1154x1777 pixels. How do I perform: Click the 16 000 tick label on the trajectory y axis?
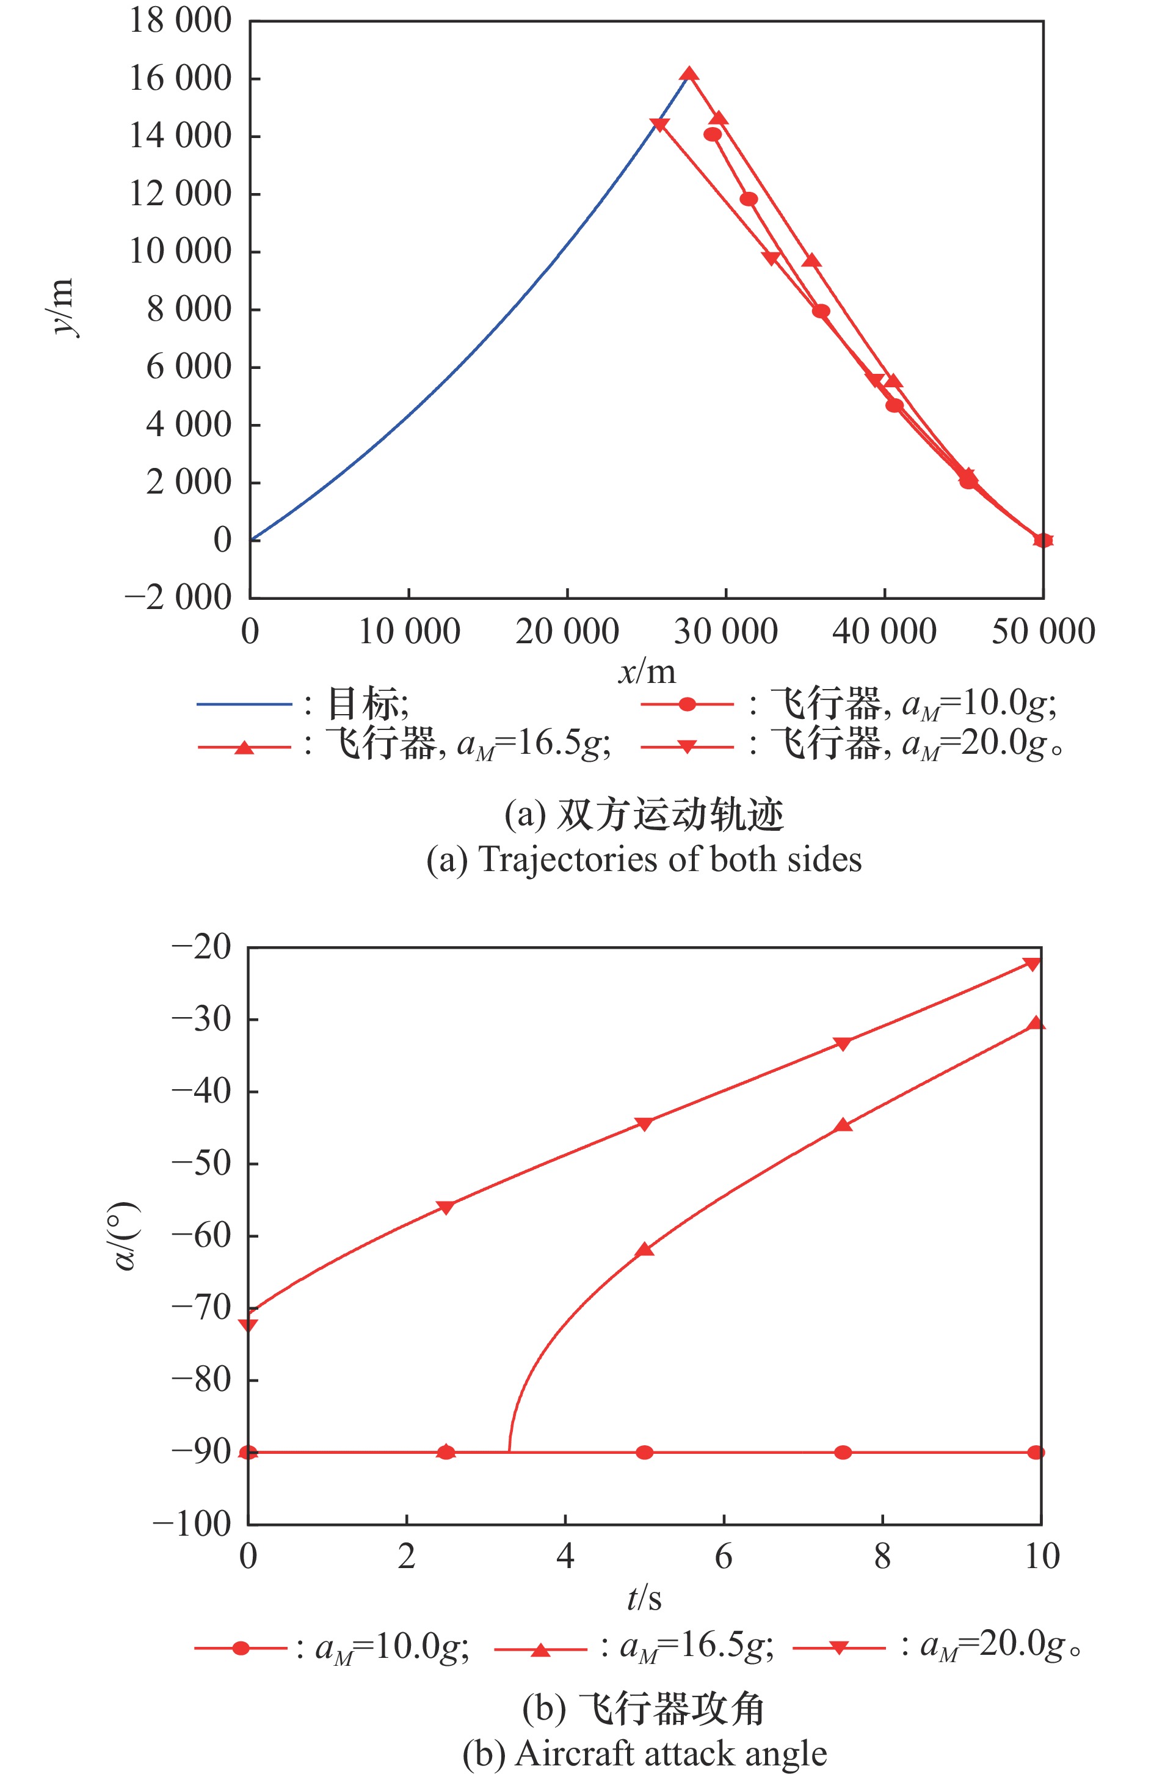pos(180,78)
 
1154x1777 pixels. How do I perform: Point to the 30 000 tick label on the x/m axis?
pos(725,632)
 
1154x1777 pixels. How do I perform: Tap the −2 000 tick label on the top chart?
pos(178,597)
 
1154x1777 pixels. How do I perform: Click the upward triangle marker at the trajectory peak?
pos(689,74)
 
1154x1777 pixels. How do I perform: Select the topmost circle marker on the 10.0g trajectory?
pos(713,134)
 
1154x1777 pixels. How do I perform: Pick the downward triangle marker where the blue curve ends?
pos(659,125)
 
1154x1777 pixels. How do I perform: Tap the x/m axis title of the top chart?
pos(647,672)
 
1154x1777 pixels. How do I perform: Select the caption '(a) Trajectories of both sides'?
pos(644,859)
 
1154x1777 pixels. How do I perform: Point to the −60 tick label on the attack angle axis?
pos(202,1235)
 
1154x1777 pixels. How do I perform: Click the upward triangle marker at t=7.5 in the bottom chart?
pos(843,1125)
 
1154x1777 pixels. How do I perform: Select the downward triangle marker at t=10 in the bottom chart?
pos(1032,964)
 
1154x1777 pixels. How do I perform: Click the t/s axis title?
pos(644,1599)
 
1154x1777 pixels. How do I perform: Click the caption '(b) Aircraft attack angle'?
pos(644,1754)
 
